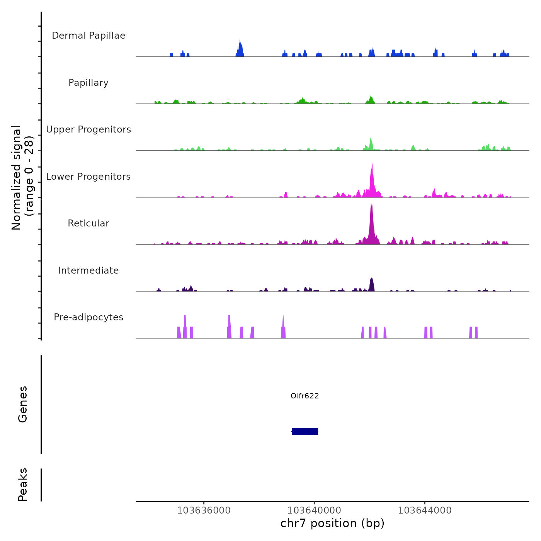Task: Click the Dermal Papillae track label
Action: click(x=88, y=36)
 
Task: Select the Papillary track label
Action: click(x=88, y=83)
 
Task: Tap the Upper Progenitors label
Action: click(x=88, y=129)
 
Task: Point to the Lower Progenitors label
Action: click(x=88, y=177)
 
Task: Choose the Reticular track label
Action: click(x=88, y=223)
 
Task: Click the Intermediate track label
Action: click(x=88, y=270)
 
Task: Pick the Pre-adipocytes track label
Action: click(x=88, y=317)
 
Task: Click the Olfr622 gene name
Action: click(x=305, y=396)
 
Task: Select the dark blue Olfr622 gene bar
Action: click(x=305, y=431)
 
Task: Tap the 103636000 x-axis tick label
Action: click(x=204, y=510)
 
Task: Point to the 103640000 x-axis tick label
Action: click(x=314, y=510)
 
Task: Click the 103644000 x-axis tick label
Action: click(x=425, y=510)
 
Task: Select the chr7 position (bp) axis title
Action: click(x=332, y=524)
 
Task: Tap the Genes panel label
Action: click(x=23, y=404)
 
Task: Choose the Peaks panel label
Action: click(x=23, y=485)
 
